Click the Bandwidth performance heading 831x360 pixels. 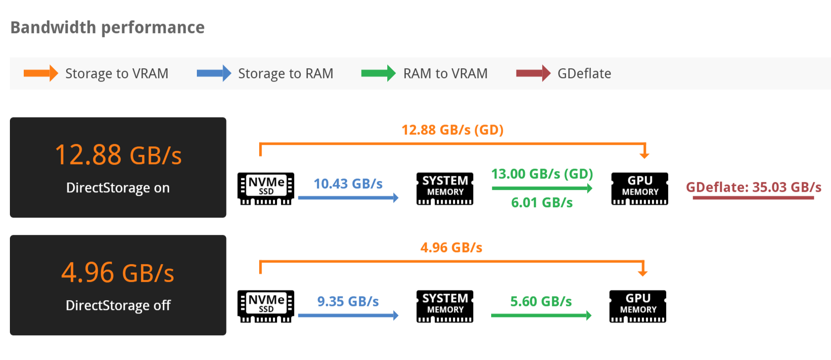click(107, 28)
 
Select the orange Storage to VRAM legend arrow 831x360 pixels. click(41, 74)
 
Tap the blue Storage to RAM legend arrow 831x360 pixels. click(214, 74)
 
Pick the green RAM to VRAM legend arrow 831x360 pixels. click(378, 74)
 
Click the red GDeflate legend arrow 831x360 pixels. click(533, 74)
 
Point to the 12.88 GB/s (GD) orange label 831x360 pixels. click(452, 130)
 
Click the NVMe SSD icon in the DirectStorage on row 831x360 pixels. click(266, 188)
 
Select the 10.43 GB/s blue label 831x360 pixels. click(348, 184)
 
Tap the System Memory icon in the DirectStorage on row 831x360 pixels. click(445, 188)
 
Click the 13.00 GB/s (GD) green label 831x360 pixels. click(542, 174)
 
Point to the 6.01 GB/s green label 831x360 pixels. click(542, 203)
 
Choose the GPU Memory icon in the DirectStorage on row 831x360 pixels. click(640, 188)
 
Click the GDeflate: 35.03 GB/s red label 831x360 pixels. click(753, 187)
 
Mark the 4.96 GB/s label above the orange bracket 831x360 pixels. click(451, 248)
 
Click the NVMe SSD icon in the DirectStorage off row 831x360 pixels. click(266, 306)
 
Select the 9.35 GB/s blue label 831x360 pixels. click(348, 302)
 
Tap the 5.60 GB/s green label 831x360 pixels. click(541, 302)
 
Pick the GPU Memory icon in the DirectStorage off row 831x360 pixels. click(638, 306)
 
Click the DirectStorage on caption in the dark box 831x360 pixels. click(118, 188)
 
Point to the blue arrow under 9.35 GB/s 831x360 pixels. click(348, 315)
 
